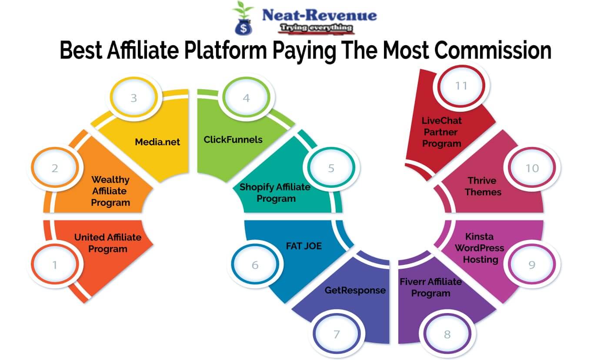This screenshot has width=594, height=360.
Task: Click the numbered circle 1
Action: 55,264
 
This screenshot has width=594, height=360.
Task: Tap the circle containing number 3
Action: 133,98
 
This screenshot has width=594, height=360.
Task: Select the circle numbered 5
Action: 331,168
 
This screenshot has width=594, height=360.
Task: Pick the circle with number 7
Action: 336,334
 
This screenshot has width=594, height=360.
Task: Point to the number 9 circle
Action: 532,264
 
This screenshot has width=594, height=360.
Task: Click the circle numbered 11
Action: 461,86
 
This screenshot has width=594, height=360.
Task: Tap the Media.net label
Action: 157,141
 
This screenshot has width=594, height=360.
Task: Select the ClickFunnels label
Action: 233,140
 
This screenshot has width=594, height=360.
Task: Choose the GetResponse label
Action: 355,290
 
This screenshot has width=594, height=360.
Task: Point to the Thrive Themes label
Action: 482,186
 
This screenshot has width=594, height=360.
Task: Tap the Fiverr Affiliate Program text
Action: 431,287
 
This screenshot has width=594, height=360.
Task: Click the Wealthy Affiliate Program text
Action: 110,191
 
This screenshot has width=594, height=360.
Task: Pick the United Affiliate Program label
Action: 108,243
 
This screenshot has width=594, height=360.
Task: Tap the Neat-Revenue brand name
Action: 319,15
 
